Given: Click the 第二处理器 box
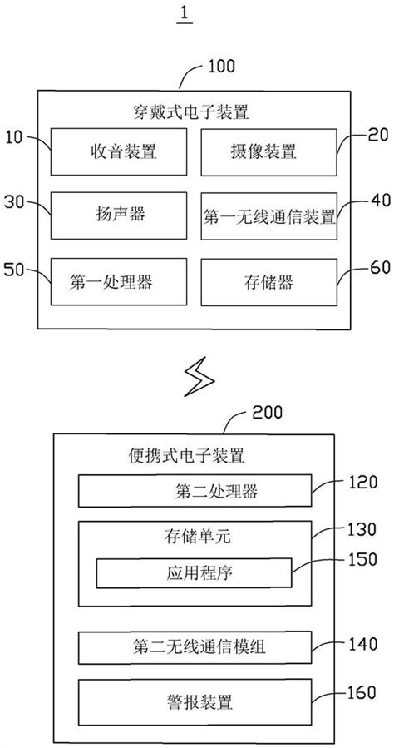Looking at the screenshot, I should (195, 492).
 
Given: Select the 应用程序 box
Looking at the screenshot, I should (194, 572).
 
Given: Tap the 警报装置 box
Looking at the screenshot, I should (195, 700).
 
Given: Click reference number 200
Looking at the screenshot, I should (266, 411).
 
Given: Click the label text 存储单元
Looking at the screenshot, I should (194, 538).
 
